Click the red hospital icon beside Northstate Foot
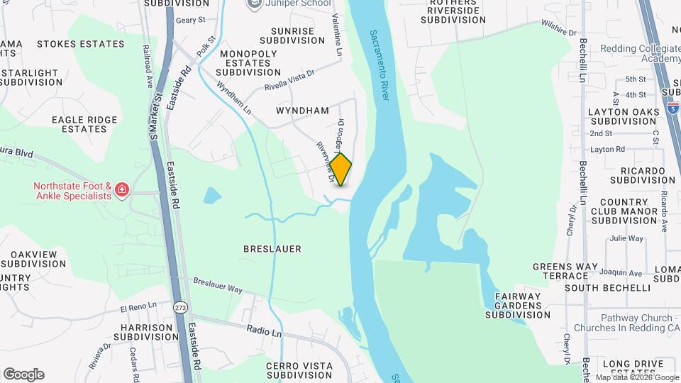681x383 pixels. (122, 189)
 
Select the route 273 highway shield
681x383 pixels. (182, 306)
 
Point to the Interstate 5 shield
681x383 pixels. (673, 109)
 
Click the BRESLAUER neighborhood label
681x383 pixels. (272, 249)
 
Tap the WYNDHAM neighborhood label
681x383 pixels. (302, 111)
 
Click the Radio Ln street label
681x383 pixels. (265, 331)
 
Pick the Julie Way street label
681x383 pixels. (626, 239)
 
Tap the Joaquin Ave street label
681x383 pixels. (621, 272)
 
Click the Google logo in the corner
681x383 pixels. (23, 374)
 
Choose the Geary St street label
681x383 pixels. (190, 21)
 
